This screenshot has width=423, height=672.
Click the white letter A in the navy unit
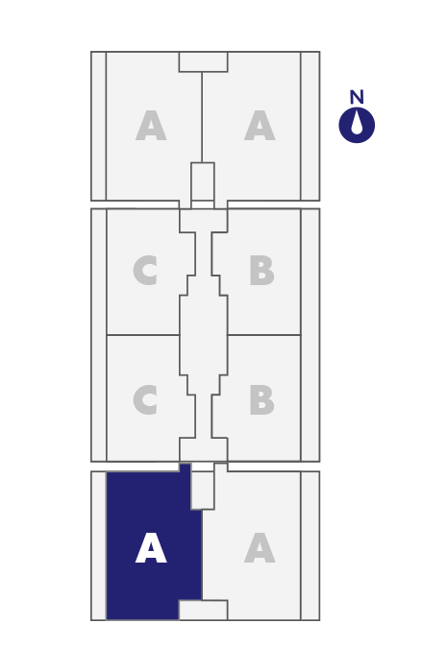tap(151, 548)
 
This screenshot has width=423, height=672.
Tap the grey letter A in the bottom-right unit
tap(260, 548)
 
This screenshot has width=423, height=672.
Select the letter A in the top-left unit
tap(151, 125)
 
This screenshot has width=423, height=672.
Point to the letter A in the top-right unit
tap(260, 125)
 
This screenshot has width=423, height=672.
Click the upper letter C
tap(145, 270)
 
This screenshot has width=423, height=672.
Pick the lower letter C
tap(145, 399)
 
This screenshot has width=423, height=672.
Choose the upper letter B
tap(261, 270)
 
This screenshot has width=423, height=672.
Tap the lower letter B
tap(261, 399)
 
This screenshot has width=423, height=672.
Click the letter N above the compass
tap(357, 97)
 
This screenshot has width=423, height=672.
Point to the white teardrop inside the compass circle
tap(357, 124)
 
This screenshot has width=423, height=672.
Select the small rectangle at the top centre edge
tap(204, 61)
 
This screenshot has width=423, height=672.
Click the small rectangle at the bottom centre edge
tap(204, 610)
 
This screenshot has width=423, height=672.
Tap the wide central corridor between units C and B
tap(204, 335)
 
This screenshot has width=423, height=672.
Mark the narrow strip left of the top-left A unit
tap(99, 126)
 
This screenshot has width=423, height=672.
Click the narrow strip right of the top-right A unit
tap(311, 126)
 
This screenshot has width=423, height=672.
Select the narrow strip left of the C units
tap(99, 335)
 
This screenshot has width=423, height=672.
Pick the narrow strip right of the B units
tap(311, 335)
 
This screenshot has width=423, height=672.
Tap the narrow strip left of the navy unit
tap(99, 545)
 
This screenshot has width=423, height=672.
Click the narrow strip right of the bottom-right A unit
tap(311, 545)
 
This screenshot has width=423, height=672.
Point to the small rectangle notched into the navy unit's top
tap(203, 490)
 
